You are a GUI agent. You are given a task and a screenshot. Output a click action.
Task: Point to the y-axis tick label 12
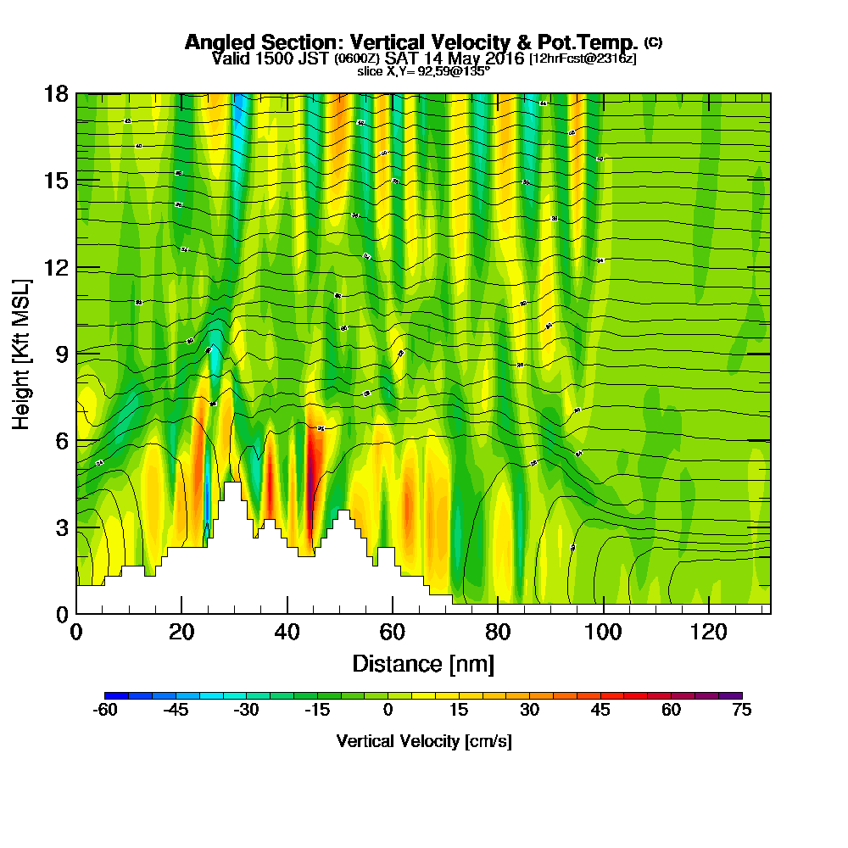coord(56,267)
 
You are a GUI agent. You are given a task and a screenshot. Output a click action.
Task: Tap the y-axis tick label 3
coord(61,527)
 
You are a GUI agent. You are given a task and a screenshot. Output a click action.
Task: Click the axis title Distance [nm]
coord(423,663)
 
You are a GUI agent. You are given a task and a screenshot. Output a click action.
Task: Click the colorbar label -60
coord(104,711)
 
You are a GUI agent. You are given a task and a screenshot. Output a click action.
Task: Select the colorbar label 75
coord(741,711)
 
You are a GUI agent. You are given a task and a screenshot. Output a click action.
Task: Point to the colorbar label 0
coord(388,711)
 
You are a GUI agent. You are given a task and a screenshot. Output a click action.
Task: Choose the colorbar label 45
coord(600,711)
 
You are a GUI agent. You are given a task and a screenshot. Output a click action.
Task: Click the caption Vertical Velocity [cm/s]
coord(423,741)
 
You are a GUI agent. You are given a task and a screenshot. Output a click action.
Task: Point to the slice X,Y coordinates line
coord(423,71)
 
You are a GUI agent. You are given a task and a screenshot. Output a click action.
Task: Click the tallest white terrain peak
coord(232,492)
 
